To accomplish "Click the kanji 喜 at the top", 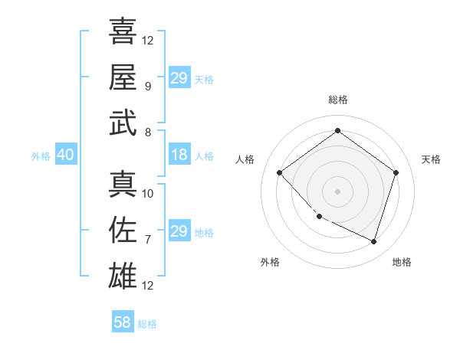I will coord(122,32).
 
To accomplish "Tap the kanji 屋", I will coord(122,77).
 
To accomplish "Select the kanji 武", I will coord(122,123).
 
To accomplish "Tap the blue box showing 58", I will coord(123,322).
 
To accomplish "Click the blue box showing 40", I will coord(65,155).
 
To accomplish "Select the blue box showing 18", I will coord(179,155).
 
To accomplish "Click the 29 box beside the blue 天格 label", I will coord(179,78).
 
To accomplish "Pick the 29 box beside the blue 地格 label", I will coord(179,231).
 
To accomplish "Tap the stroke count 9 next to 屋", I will coord(147,87).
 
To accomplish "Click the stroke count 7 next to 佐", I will coord(147,239).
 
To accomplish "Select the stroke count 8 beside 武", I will coord(147,132).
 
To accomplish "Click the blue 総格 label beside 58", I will coord(147,324).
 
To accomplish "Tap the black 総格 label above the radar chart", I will coord(337,100).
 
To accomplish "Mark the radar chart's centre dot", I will coord(337,191).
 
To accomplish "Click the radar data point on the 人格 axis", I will coord(280,173).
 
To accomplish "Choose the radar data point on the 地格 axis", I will coord(373,241).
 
